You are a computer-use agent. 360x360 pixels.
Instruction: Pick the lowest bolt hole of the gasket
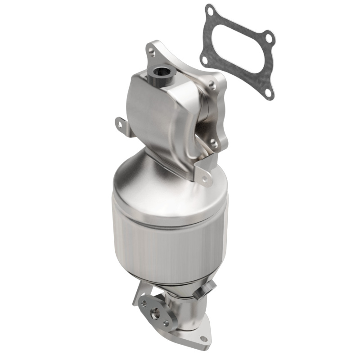tap(268, 92)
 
